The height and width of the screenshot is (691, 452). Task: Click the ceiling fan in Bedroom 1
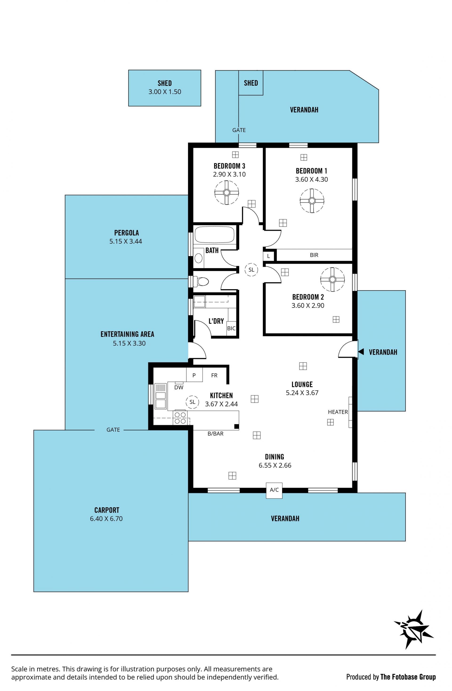point(312,201)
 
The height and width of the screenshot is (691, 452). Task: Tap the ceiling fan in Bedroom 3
point(226,193)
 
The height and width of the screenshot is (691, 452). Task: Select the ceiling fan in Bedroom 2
point(332,279)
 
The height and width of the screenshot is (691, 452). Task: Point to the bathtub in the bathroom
point(214,235)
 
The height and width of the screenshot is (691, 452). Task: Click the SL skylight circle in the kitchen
point(192,402)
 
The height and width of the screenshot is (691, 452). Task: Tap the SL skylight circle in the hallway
point(251,270)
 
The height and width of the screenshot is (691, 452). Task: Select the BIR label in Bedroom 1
point(314,255)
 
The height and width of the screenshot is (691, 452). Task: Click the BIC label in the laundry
point(231,328)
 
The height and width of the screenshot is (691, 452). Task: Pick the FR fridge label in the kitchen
point(214,375)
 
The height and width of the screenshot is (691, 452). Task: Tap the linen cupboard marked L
point(268,256)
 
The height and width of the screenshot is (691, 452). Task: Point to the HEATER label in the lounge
point(338,412)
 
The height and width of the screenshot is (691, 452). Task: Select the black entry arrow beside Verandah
point(361,352)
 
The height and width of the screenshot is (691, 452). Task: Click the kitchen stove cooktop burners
point(180,418)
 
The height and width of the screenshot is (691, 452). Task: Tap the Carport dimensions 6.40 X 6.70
point(106,518)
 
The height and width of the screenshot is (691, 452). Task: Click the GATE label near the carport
point(113,430)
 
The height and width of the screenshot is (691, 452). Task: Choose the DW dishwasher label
point(179,387)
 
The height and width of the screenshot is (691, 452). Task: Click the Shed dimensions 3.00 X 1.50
point(165,92)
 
